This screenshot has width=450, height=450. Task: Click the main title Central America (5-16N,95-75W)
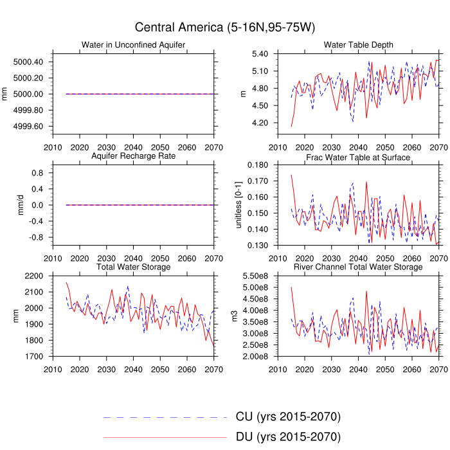(x=224, y=28)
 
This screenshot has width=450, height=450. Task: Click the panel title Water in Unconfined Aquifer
(x=133, y=44)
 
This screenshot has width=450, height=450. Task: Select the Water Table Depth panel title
(x=358, y=44)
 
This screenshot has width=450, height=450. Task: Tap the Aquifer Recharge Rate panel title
(x=133, y=156)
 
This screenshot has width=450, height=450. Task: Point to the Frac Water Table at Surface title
(x=358, y=157)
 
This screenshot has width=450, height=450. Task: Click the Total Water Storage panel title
(x=133, y=267)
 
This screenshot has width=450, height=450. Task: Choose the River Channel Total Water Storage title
(x=358, y=267)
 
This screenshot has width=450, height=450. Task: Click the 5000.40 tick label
(x=28, y=62)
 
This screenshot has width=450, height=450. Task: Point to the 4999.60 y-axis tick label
(x=28, y=126)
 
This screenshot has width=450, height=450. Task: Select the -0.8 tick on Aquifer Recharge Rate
(x=36, y=237)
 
